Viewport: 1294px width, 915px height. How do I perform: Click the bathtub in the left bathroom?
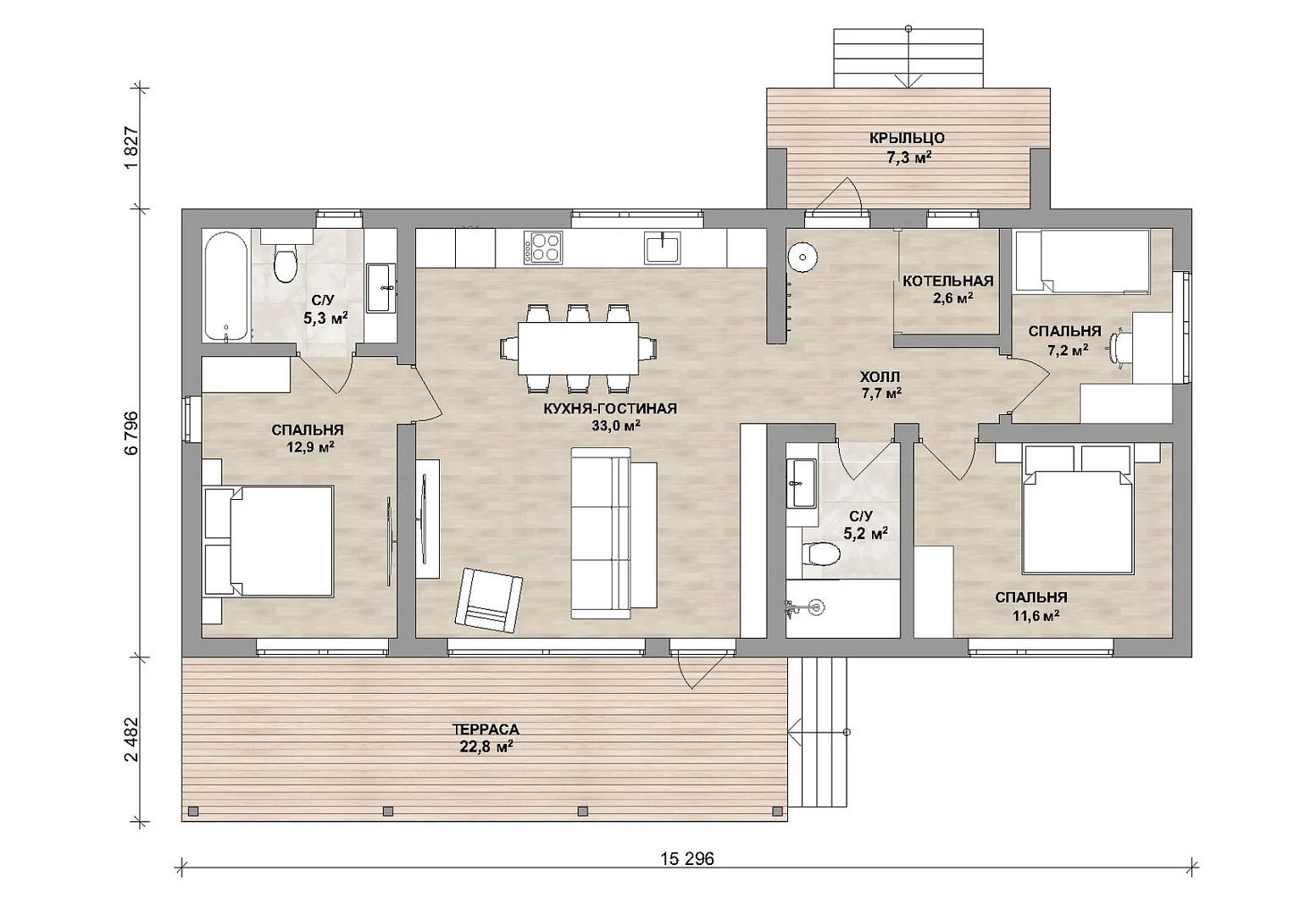point(226,286)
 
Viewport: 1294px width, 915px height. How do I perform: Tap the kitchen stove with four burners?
point(543,247)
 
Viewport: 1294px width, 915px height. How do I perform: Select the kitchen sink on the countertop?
point(664,247)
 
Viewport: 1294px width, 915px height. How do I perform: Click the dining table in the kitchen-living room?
point(578,348)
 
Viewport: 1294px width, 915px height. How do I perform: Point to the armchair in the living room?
point(489,600)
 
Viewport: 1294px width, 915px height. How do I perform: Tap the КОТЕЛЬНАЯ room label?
point(948,281)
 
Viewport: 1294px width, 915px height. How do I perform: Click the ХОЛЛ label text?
point(880,377)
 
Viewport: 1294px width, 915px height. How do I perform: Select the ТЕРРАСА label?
point(486,729)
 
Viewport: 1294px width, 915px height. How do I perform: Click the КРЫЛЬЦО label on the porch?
point(907,139)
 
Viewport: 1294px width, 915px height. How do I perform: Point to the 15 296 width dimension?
point(687,859)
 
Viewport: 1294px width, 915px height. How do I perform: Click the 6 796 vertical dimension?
point(131,433)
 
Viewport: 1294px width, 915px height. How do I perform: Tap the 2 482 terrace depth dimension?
point(131,740)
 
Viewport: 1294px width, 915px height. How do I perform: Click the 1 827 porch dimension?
point(131,148)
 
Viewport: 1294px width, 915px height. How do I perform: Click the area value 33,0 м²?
point(616,425)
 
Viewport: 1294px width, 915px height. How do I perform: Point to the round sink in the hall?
point(802,255)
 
